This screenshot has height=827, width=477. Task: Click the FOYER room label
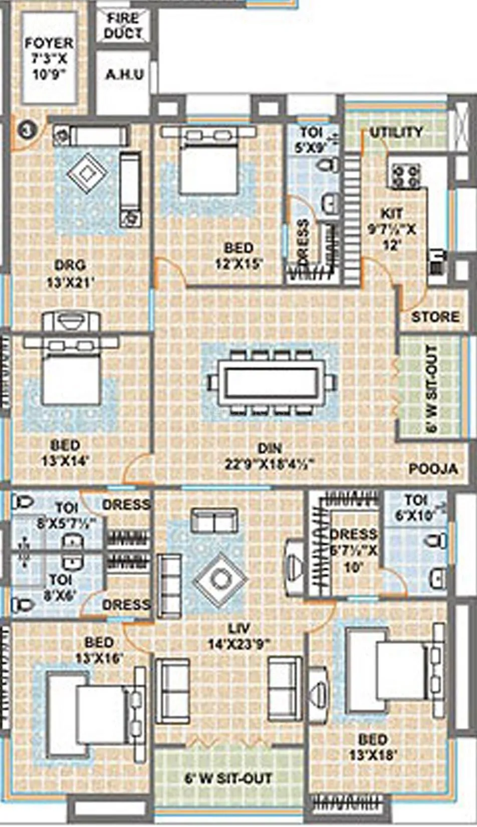pyautogui.click(x=49, y=58)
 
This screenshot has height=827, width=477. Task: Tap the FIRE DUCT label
pyautogui.click(x=123, y=26)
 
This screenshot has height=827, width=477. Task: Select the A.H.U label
pyautogui.click(x=124, y=75)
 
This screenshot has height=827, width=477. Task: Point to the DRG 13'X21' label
pyautogui.click(x=70, y=273)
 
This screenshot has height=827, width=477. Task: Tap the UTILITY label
pyautogui.click(x=396, y=132)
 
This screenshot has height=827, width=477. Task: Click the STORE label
pyautogui.click(x=435, y=317)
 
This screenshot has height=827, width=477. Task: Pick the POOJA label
pyautogui.click(x=433, y=469)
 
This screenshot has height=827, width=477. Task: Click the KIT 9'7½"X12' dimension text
pyautogui.click(x=392, y=229)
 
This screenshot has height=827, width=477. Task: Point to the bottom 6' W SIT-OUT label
pyautogui.click(x=228, y=778)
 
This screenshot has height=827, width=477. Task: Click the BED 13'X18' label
pyautogui.click(x=373, y=746)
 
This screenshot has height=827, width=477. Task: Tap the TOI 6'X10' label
pyautogui.click(x=415, y=507)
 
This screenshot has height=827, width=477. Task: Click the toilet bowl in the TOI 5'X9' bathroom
pyautogui.click(x=328, y=165)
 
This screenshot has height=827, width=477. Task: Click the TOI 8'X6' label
pyautogui.click(x=61, y=587)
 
